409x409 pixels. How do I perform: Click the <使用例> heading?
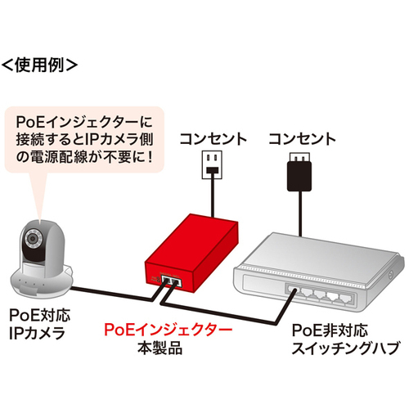(39, 65)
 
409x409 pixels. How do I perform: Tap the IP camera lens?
(33, 238)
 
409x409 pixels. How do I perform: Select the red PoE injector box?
(191, 253)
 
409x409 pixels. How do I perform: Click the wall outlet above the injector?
(212, 165)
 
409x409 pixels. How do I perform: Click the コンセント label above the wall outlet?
(213, 139)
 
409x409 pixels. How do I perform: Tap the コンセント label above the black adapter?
(302, 139)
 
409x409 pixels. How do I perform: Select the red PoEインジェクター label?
(168, 330)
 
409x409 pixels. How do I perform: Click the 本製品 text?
(160, 348)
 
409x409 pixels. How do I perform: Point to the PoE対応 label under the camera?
(40, 315)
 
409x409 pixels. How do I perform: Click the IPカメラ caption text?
(37, 333)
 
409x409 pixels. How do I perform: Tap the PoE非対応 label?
(330, 330)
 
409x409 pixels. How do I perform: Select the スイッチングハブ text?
(346, 348)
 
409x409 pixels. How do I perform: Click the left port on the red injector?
(166, 280)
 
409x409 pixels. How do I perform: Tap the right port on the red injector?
(176, 281)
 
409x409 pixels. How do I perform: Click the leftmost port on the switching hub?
(293, 290)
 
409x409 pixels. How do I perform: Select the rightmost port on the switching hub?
(346, 298)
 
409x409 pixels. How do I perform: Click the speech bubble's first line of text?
(84, 122)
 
